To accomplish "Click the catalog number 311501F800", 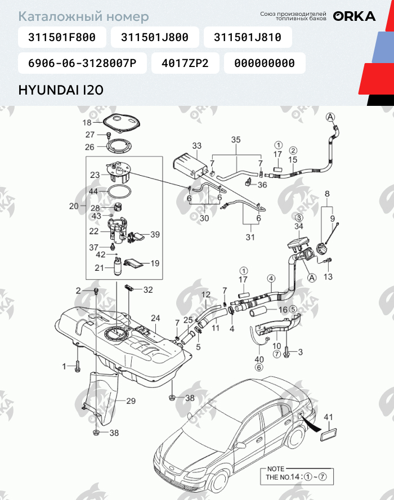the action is (x=62, y=37).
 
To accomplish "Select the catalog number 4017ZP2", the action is (x=185, y=63).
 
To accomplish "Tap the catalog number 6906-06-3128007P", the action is (x=82, y=63).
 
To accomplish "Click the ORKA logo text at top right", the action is (x=354, y=16).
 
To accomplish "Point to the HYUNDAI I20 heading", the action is (x=61, y=90).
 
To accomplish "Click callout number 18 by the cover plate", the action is (x=87, y=122).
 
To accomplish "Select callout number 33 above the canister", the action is (x=197, y=146).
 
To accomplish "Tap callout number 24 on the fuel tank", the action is (x=155, y=318).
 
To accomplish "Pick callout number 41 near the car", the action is (x=328, y=417).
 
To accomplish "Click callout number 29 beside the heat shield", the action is (x=131, y=401).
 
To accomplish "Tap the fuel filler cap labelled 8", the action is (x=323, y=248).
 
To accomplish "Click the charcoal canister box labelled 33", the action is (x=188, y=164).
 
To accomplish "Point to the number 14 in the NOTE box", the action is (x=295, y=477).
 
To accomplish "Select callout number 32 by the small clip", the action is (x=148, y=290).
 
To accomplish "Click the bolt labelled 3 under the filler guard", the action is (x=286, y=352).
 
